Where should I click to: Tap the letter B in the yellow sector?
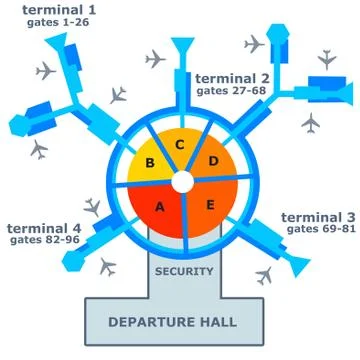click(x=152, y=162)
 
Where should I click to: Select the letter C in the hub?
click(x=180, y=145)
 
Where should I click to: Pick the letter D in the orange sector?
click(x=212, y=160)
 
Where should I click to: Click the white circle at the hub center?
click(x=181, y=182)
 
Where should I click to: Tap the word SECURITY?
click(x=184, y=270)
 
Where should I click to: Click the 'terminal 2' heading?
click(x=232, y=78)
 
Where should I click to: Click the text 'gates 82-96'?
click(x=43, y=242)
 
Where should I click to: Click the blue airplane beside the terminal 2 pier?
click(x=255, y=45)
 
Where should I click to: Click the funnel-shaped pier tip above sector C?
click(x=182, y=46)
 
